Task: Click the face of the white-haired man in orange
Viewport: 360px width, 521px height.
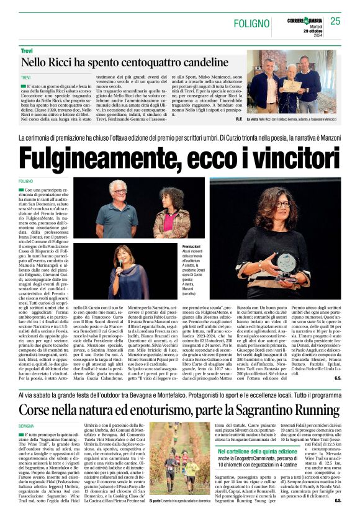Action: point(118,190)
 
